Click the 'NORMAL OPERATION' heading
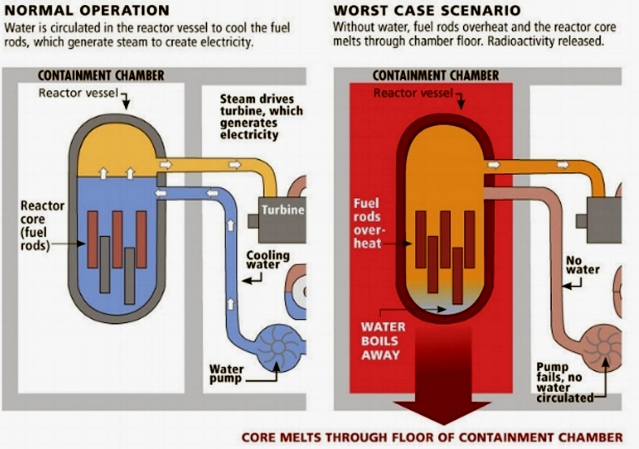coord(87,11)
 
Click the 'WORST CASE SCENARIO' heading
coord(427,11)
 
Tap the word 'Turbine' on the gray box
coord(283,210)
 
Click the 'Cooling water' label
coord(267,260)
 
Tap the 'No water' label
coord(583,265)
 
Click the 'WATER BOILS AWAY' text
coord(383,341)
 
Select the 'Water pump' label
coord(226,375)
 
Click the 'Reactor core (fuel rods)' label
coord(42,226)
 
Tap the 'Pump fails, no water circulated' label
coord(564,383)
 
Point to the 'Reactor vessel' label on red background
coord(413,93)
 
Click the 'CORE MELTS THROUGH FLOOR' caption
coord(432,437)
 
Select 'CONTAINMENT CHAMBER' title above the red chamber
coord(436,76)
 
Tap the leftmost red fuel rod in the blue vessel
coord(93,239)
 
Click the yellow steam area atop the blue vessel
coord(118,151)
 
